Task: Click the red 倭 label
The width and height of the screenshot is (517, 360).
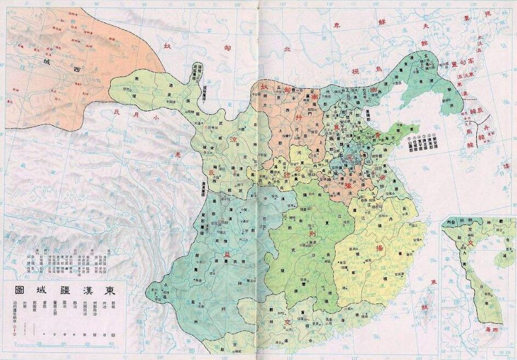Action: coord(512,166)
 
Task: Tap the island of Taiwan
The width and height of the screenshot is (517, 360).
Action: coord(424,307)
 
